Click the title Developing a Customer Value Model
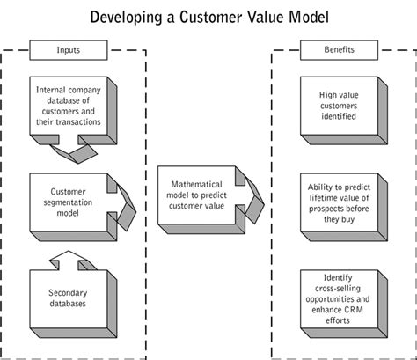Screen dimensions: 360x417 point(208,17)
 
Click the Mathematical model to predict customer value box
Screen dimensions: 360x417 point(196,195)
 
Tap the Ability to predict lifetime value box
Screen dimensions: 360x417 point(340,205)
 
